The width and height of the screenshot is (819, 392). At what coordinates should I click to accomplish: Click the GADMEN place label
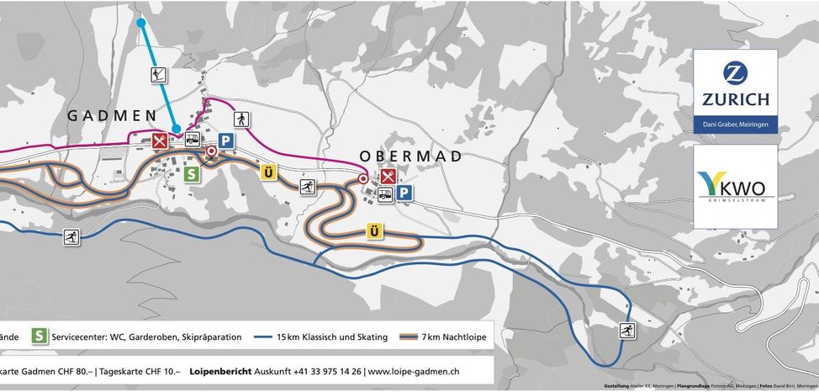(112, 115)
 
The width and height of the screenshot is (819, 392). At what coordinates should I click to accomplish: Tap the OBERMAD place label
(411, 156)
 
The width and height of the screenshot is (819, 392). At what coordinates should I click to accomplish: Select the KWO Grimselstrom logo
(735, 185)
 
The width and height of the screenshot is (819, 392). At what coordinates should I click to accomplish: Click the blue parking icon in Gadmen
(225, 140)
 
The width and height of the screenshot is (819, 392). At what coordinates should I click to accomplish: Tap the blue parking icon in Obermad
(405, 193)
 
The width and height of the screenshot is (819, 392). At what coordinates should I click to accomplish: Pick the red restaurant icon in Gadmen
(160, 140)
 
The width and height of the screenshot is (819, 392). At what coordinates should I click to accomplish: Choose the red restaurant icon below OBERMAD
(388, 177)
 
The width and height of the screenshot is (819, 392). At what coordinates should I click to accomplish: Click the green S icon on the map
(192, 173)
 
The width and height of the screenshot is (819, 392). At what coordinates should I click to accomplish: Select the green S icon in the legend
(38, 336)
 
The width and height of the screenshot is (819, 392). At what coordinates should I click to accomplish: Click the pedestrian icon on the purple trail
(241, 119)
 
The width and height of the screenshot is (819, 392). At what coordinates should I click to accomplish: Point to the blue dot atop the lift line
(141, 23)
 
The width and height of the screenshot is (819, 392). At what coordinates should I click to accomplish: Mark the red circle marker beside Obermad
(363, 179)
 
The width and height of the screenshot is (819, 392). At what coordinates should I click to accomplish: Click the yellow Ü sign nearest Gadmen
(268, 172)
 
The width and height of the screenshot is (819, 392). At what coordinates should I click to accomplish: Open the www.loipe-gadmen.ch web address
(414, 370)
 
